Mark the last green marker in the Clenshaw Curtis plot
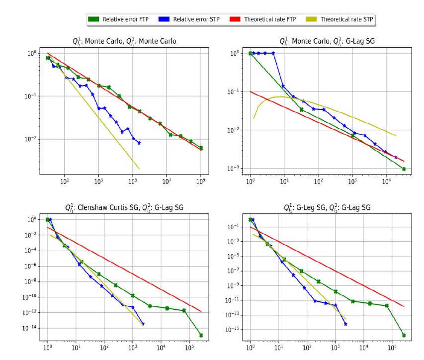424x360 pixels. [201, 335]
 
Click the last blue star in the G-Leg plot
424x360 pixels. [345, 324]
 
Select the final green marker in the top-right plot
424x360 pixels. [404, 169]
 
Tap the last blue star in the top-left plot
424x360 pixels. [139, 143]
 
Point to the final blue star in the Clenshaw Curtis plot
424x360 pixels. [143, 324]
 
